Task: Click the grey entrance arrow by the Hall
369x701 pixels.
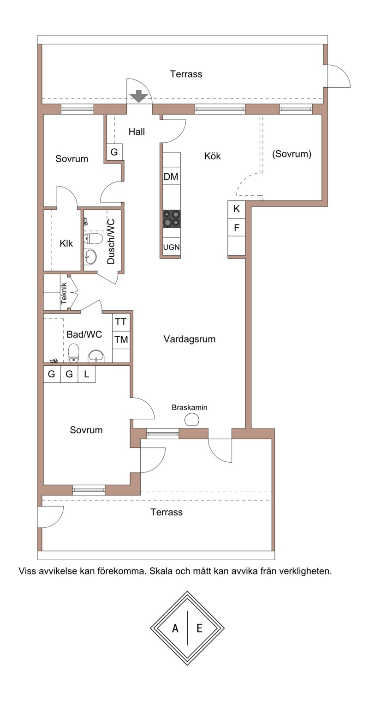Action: point(139,97)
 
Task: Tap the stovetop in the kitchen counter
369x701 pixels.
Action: point(172,218)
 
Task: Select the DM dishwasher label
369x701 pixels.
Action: point(171,177)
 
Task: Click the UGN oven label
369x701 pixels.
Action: point(172,247)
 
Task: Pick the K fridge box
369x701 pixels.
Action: point(237,209)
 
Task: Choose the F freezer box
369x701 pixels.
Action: point(237,228)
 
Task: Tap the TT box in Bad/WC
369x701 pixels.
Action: point(120,322)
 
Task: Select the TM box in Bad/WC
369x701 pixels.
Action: point(121,339)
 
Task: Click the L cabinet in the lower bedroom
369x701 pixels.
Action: point(87,374)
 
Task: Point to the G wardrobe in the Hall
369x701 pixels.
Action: point(114,152)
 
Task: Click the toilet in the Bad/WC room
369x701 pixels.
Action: point(74,353)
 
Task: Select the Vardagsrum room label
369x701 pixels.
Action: point(189,339)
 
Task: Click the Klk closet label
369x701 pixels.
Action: point(66,243)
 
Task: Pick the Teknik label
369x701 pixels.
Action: point(64,294)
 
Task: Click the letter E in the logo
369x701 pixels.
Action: point(199,628)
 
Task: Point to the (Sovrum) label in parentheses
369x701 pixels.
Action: point(292,154)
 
